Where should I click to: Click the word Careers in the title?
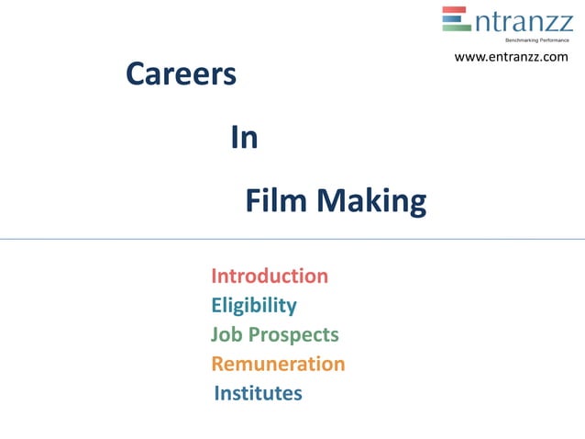pos(181,75)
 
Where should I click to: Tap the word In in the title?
pos(244,138)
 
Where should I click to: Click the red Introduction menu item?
pos(270,276)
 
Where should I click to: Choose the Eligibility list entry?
pos(254,306)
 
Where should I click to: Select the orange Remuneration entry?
pos(278,364)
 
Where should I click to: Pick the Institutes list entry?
pos(258,393)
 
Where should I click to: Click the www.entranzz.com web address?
pos(511,58)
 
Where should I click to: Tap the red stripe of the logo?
pos(457,10)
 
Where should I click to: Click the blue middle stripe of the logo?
pos(457,18)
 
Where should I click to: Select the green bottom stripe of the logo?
pos(457,28)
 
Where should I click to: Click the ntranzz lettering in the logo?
pos(522,20)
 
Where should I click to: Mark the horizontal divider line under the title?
pos(292,239)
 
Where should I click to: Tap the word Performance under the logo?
pos(554,40)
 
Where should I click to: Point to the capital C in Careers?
pos(134,75)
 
